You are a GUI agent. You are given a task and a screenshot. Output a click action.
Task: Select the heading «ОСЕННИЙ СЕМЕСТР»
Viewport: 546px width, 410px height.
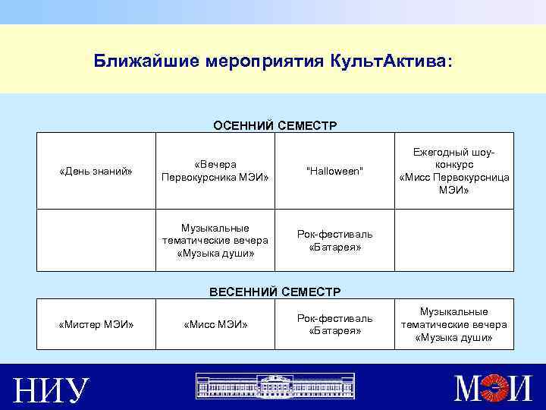(275, 125)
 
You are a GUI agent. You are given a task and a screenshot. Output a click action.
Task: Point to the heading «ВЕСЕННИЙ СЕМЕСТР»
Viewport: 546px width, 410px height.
(275, 291)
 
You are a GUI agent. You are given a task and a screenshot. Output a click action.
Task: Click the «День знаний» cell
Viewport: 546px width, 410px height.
(96, 171)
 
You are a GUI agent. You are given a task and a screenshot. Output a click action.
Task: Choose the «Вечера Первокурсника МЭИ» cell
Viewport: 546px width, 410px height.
(215, 171)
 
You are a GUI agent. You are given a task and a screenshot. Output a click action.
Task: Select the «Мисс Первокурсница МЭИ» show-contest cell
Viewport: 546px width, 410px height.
(454, 171)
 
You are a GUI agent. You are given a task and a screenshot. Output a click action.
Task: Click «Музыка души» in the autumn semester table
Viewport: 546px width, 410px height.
(215, 240)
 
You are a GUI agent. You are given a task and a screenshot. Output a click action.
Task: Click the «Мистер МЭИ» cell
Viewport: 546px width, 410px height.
(96, 325)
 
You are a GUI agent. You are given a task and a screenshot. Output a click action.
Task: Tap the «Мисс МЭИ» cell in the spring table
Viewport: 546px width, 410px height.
(215, 325)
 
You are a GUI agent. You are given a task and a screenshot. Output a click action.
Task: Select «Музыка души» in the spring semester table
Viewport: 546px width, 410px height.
(454, 324)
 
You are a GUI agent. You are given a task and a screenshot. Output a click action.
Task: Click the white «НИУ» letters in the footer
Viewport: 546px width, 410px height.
(52, 390)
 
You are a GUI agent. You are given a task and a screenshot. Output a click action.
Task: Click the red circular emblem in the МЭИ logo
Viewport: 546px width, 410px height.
(497, 389)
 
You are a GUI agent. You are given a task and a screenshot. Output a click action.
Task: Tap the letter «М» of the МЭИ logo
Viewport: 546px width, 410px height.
(469, 389)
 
